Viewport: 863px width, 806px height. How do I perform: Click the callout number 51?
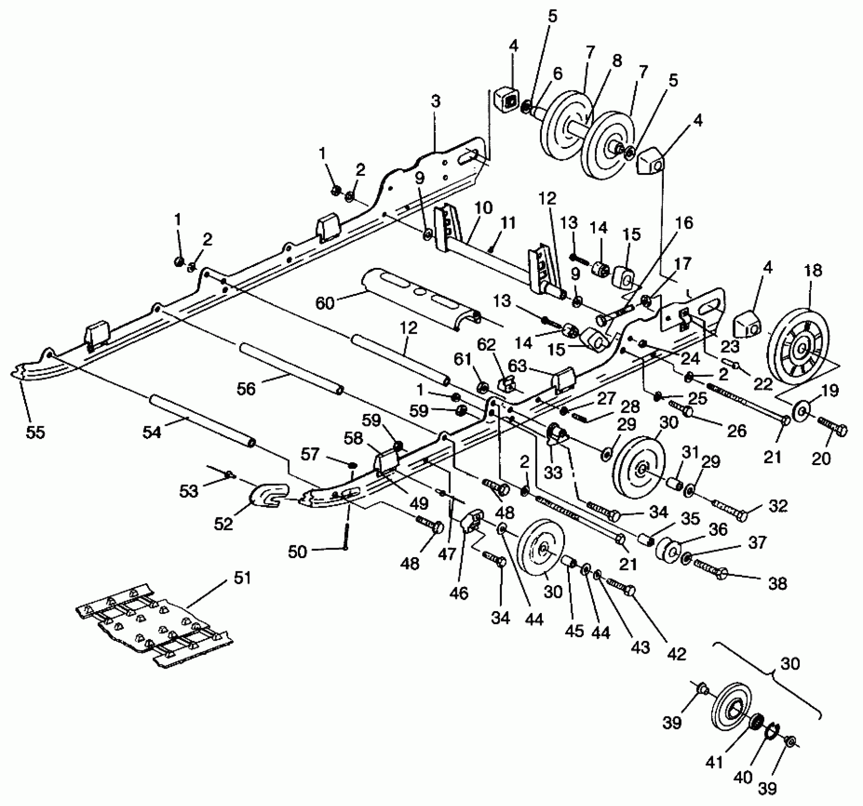coord(242,579)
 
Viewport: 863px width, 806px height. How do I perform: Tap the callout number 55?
coord(35,432)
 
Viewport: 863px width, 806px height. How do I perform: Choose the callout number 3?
coord(436,101)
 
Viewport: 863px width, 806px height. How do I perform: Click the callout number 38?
coord(777,583)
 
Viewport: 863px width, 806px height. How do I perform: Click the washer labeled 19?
coord(800,409)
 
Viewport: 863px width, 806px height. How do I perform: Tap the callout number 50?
coord(298,552)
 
